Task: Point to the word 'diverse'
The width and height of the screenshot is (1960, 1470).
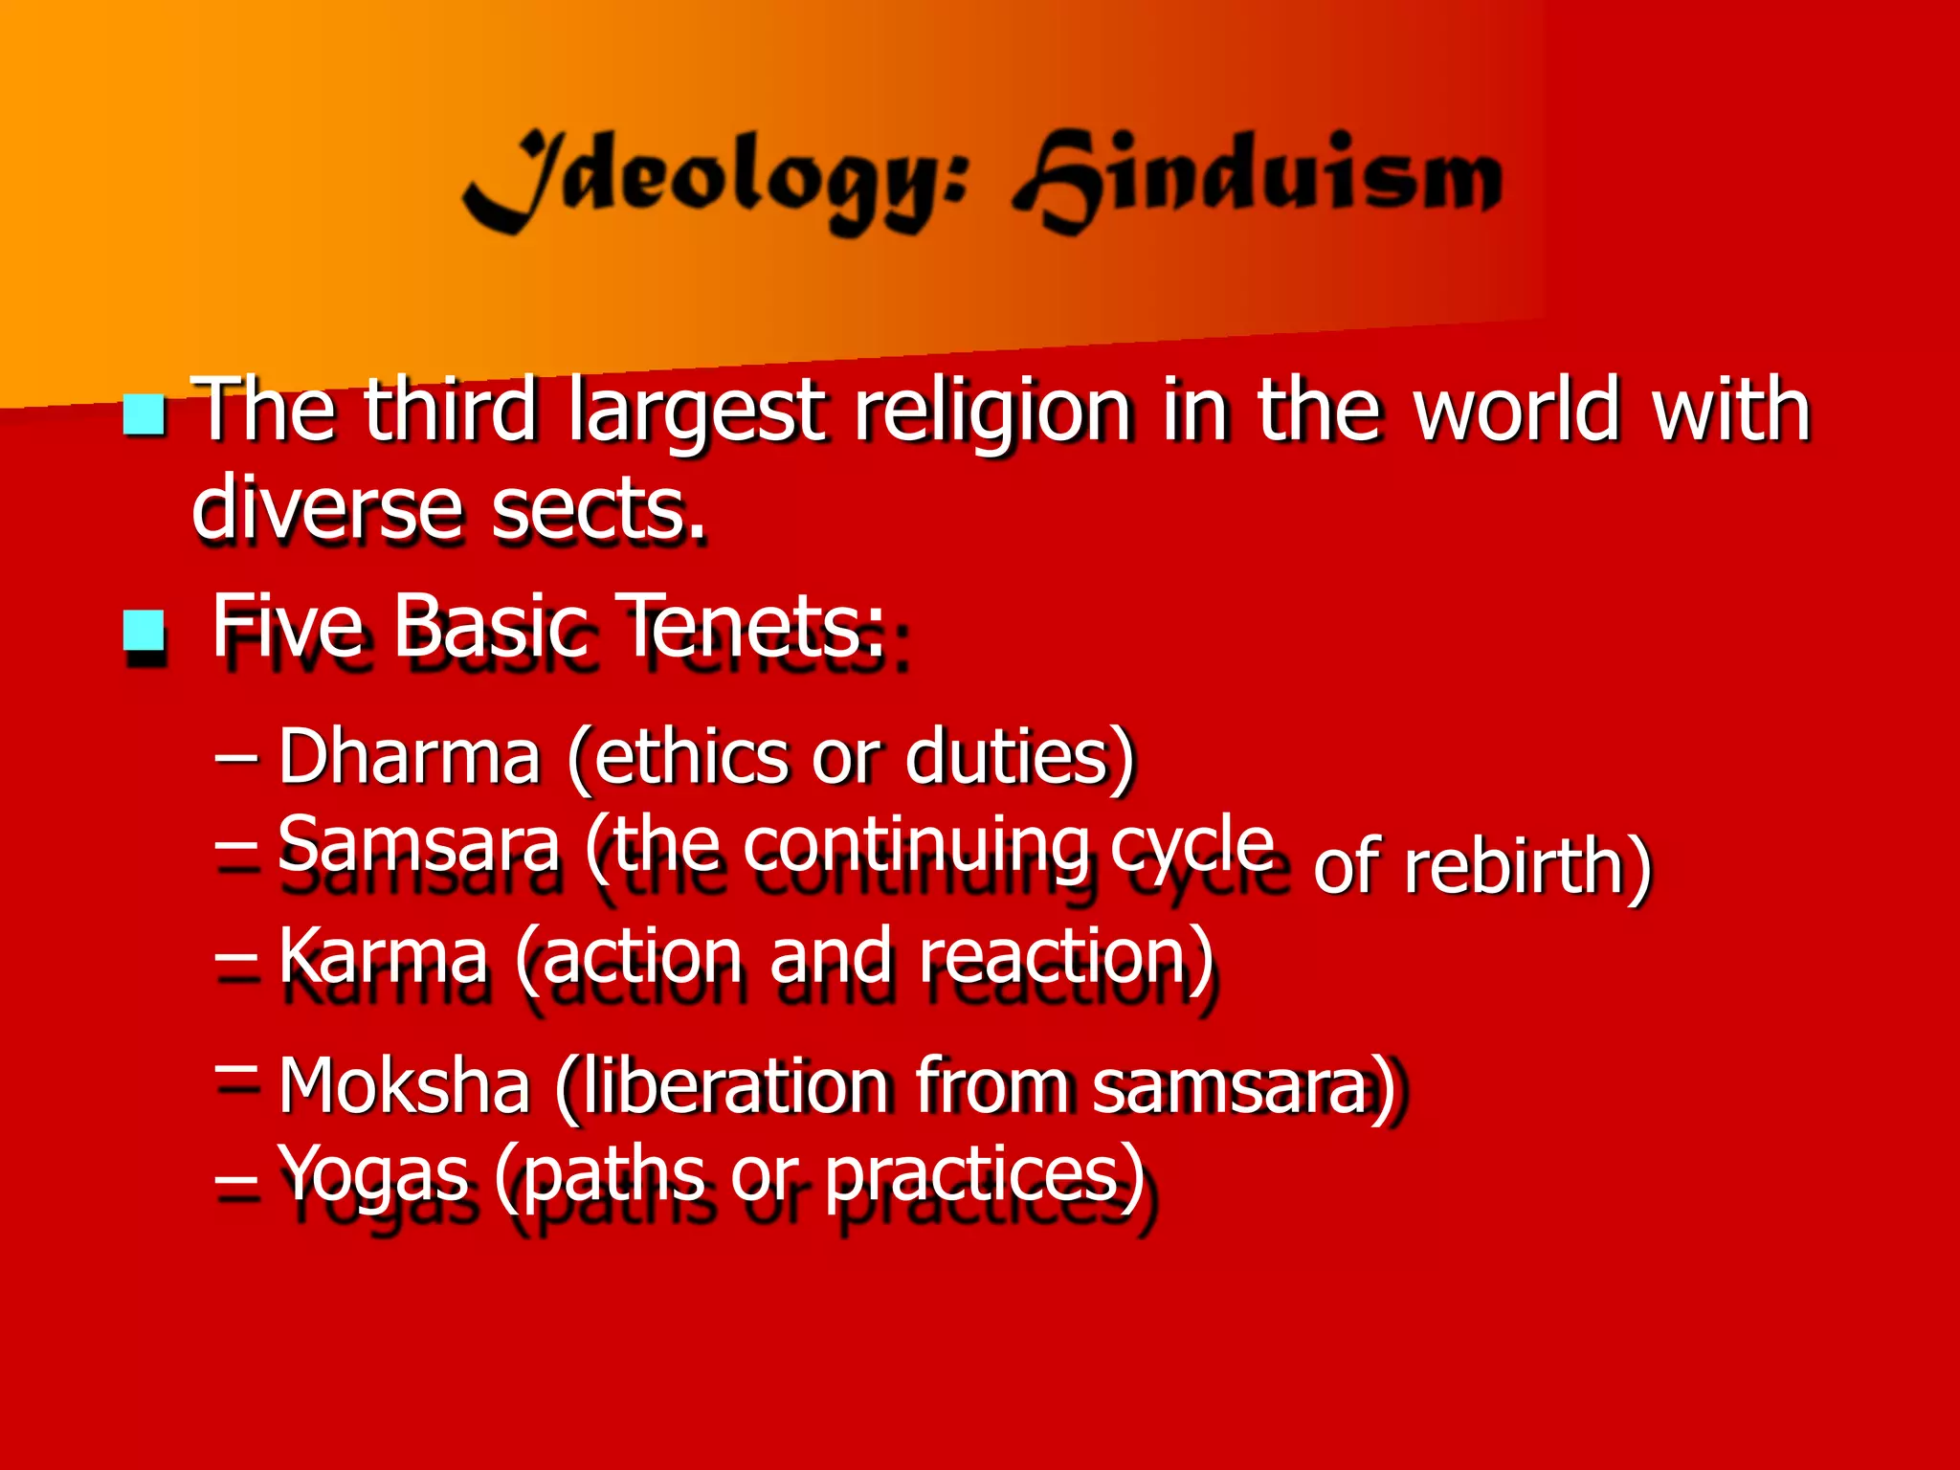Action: (326, 508)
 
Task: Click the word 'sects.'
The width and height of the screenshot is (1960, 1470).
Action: (598, 508)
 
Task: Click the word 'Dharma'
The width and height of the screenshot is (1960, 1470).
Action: (410, 757)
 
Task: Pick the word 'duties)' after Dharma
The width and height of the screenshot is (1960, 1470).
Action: (1020, 757)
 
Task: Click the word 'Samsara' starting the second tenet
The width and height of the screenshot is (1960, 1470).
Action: (418, 843)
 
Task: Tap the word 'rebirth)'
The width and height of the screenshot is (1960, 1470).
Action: (1527, 865)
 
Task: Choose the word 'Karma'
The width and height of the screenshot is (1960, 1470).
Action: (383, 956)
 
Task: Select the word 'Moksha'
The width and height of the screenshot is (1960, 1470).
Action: (404, 1086)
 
